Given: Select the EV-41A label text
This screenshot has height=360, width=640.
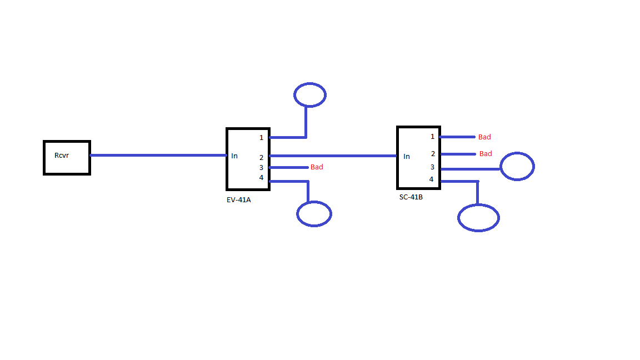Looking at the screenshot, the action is (x=239, y=200).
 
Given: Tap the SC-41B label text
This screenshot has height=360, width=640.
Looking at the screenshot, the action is (x=411, y=197).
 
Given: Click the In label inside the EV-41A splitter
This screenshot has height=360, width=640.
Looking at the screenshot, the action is (x=234, y=156).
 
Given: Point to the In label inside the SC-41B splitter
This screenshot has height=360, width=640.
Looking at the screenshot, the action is (x=407, y=156).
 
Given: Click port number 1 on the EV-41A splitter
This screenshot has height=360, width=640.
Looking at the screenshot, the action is (x=261, y=138).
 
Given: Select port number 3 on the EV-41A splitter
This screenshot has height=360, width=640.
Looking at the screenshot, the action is (x=261, y=168).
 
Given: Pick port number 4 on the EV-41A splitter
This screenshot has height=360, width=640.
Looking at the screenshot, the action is (x=261, y=178).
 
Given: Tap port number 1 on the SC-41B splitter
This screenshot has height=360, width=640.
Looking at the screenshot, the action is (x=432, y=137).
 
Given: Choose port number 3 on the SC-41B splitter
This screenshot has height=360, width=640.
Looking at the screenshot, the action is (x=432, y=167).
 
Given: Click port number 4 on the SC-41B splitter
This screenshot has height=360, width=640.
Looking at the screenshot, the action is (x=432, y=179).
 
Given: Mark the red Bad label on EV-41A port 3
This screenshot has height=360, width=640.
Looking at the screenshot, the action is (x=317, y=167).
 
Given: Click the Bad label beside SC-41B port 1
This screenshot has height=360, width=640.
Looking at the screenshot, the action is (x=484, y=137).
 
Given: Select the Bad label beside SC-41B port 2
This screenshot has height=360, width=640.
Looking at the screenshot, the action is (x=486, y=154).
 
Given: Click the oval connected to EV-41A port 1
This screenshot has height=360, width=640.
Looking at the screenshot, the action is (x=310, y=83).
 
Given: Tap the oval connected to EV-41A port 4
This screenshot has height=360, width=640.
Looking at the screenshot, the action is (x=314, y=202).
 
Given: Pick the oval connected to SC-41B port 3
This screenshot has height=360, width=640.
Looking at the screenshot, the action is (x=517, y=153).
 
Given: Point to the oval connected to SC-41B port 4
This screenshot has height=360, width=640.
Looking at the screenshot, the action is (x=478, y=205).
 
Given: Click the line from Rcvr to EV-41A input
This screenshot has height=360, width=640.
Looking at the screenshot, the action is (x=158, y=155).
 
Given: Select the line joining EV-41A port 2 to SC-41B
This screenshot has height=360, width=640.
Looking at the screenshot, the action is (x=333, y=156).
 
